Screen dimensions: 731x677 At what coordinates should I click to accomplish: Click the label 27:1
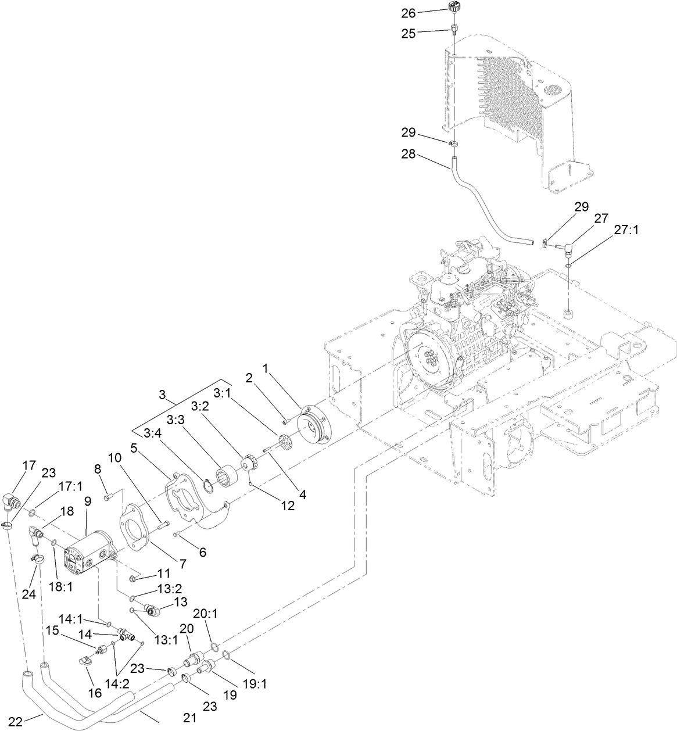click(x=626, y=230)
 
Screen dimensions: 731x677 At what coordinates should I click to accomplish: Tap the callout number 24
click(x=29, y=594)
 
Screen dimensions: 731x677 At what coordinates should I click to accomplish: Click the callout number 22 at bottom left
click(x=16, y=722)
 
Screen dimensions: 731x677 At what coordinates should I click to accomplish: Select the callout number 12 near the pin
click(x=287, y=505)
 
